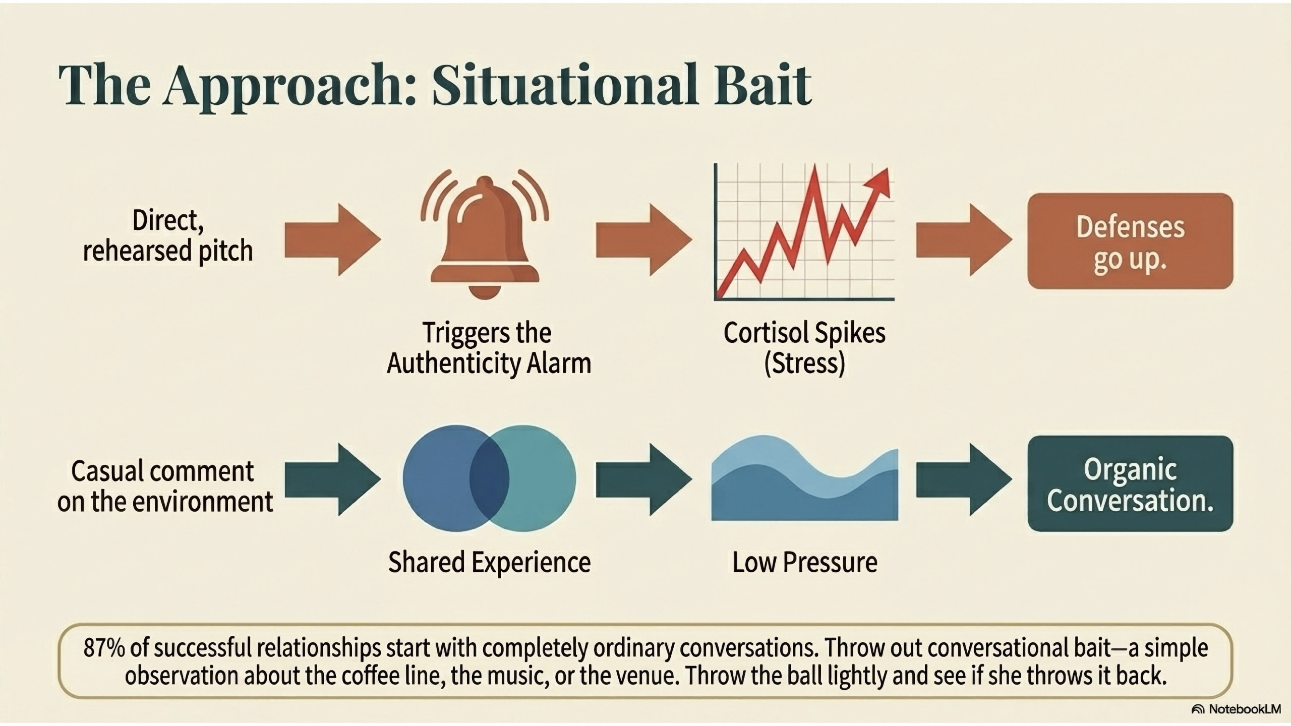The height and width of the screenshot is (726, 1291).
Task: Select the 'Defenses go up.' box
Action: pyautogui.click(x=1130, y=241)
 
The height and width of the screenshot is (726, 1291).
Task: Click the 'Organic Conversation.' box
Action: pyautogui.click(x=1130, y=483)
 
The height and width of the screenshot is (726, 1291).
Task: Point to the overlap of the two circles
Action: pyautogui.click(x=489, y=478)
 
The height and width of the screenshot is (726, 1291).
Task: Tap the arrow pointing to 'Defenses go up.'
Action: pyautogui.click(x=964, y=240)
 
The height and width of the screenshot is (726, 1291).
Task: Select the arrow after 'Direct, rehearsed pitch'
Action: pyautogui.click(x=332, y=240)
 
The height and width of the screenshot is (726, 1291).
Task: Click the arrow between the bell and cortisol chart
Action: pyautogui.click(x=643, y=240)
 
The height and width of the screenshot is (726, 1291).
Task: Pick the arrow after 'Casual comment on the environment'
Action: pyautogui.click(x=332, y=479)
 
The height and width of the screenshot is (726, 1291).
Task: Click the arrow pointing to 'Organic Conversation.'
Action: pyautogui.click(x=964, y=479)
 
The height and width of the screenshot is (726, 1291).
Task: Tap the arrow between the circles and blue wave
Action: pyautogui.click(x=643, y=479)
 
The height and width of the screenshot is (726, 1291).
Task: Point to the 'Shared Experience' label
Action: pyautogui.click(x=489, y=562)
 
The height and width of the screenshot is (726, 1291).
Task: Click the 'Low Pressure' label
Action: pyautogui.click(x=804, y=562)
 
